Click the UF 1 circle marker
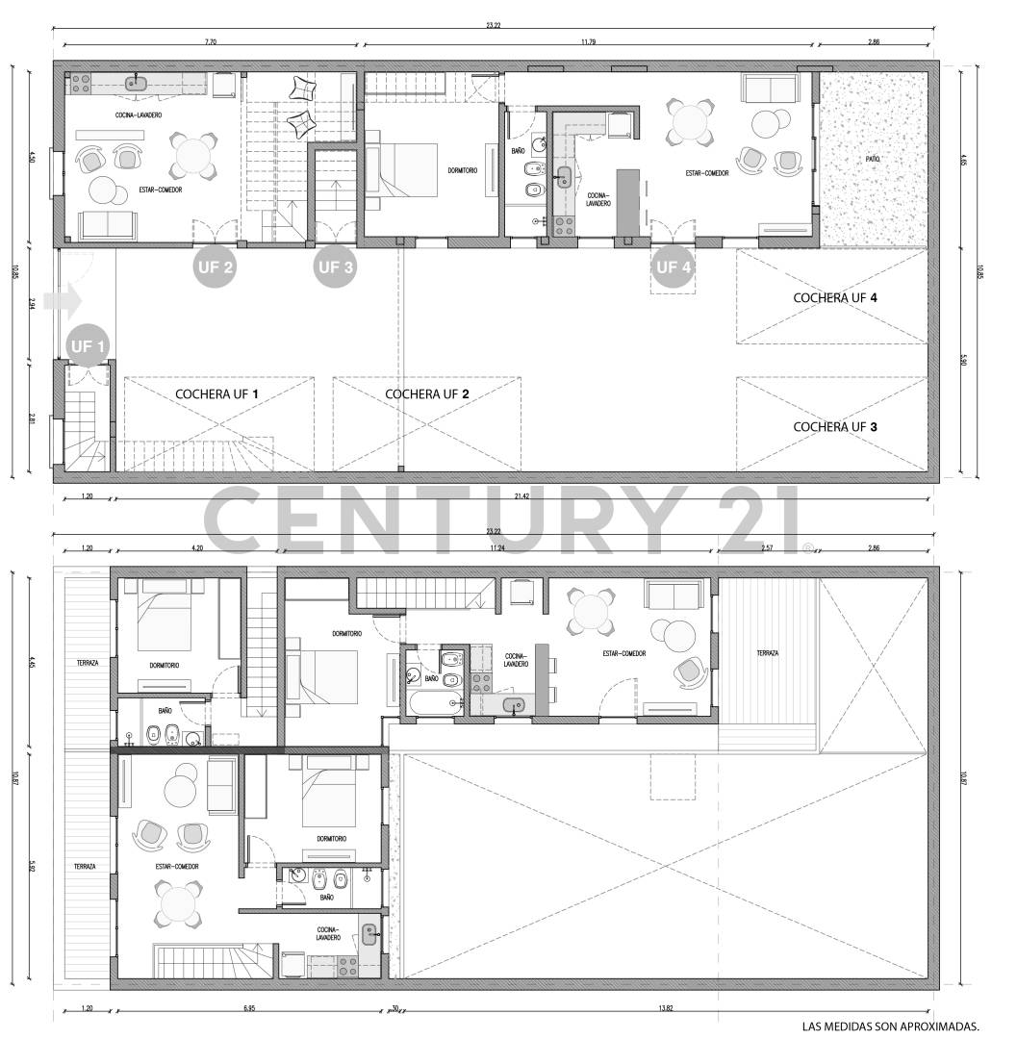[x=88, y=344]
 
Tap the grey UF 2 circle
[x=214, y=267]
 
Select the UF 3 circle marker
[x=335, y=267]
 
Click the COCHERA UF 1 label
[x=217, y=393]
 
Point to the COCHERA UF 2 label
[x=427, y=393]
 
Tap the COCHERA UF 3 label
[x=834, y=426]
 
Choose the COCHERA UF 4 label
[x=834, y=297]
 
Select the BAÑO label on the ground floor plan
[x=518, y=151]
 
